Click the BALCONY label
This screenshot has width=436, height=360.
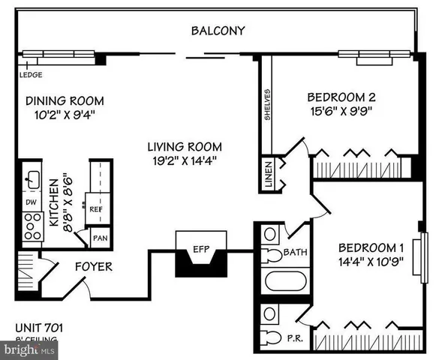[218, 31]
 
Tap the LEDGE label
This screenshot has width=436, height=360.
[31, 75]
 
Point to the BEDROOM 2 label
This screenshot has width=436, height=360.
[341, 97]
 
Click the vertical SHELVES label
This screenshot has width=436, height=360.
[266, 104]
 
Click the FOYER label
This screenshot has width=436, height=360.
[92, 266]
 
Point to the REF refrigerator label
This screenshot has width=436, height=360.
[96, 210]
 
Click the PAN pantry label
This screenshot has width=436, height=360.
[100, 238]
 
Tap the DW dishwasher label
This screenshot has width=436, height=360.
[31, 203]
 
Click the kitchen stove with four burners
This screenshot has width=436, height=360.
[32, 226]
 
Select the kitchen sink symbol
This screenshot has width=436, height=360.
[32, 179]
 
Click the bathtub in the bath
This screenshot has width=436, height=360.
[285, 283]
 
